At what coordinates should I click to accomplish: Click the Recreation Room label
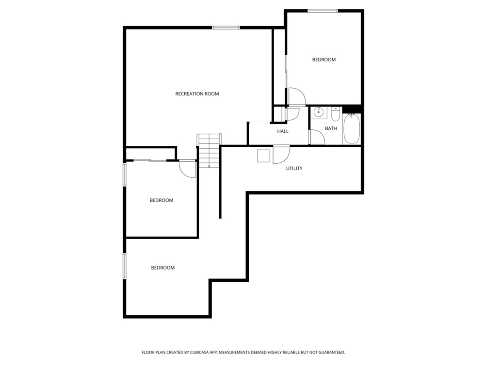(x=197, y=94)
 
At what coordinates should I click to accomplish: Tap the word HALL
(x=283, y=131)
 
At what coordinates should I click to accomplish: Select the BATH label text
(x=331, y=128)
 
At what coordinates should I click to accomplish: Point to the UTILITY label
(x=294, y=169)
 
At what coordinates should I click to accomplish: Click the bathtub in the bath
(x=352, y=129)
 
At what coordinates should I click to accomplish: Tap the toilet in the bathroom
(x=336, y=115)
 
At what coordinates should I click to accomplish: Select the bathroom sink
(x=319, y=113)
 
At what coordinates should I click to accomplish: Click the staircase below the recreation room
(x=209, y=150)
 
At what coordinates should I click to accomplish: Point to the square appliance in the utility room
(x=264, y=156)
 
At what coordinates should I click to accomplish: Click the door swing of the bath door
(x=316, y=137)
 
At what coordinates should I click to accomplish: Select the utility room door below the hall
(x=281, y=154)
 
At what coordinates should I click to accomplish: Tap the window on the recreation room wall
(x=226, y=28)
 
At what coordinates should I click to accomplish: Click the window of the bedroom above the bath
(x=323, y=11)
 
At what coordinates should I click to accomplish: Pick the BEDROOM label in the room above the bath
(x=323, y=60)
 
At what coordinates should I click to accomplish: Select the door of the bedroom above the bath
(x=296, y=96)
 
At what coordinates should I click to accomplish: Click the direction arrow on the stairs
(x=209, y=165)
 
